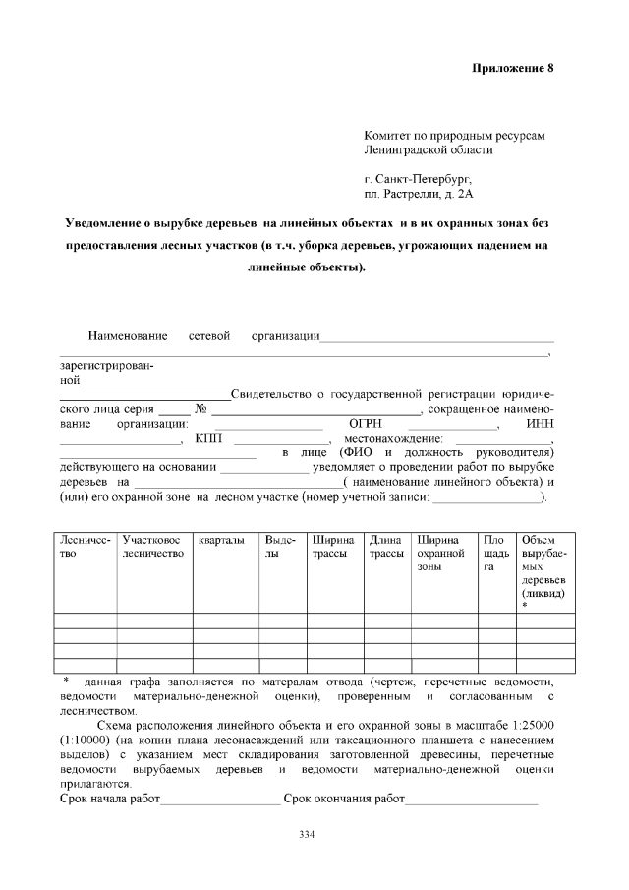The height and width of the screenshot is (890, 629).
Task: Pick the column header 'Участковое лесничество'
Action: [x=152, y=547]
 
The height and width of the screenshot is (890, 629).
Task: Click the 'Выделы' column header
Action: [x=280, y=547]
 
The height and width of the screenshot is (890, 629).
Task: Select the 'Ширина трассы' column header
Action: [x=331, y=547]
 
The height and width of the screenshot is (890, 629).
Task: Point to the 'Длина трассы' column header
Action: [x=386, y=547]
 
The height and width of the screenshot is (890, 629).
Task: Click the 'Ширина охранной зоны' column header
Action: [x=439, y=554]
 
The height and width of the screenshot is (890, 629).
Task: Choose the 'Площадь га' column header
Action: [x=493, y=554]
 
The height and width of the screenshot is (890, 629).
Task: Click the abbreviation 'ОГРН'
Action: [x=366, y=424]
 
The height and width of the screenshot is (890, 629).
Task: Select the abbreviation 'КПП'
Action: [x=208, y=439]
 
